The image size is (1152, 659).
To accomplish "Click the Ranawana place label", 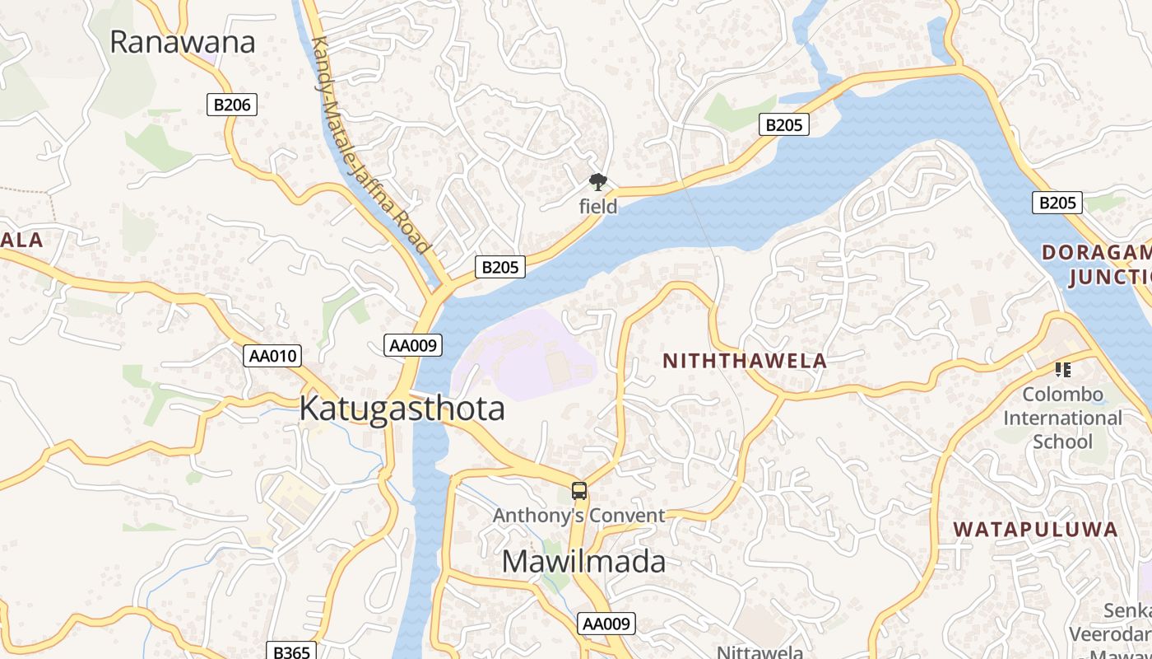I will [x=182, y=42].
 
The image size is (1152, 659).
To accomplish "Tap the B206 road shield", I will [x=231, y=105].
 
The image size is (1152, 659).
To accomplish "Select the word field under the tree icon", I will [x=598, y=207].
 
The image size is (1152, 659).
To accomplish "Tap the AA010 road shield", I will [x=273, y=356].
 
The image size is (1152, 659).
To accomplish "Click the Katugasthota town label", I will [x=402, y=409].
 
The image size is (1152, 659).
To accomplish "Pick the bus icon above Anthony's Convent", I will [x=579, y=492].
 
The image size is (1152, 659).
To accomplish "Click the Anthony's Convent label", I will [x=579, y=516].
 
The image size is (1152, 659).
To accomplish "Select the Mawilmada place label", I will [x=583, y=562].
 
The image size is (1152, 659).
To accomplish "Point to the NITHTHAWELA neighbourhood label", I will [x=745, y=361].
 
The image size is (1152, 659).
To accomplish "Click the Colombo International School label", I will [x=1062, y=418].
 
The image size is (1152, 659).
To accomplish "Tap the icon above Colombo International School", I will [x=1062, y=370].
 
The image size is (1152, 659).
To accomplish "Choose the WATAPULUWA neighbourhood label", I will [x=1036, y=530].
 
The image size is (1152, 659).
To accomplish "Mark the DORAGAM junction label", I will [x=1099, y=264].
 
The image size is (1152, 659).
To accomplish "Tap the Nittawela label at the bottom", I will [x=759, y=652].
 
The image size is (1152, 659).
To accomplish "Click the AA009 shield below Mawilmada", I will [x=607, y=624].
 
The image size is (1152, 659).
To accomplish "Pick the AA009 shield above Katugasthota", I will [x=413, y=346].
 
